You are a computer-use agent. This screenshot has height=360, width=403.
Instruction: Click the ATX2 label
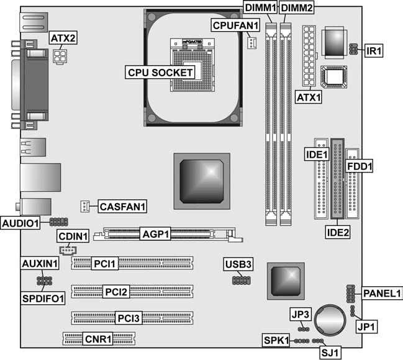[63, 38]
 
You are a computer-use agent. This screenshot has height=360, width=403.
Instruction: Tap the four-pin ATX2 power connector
[60, 56]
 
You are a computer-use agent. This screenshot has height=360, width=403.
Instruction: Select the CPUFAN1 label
[235, 25]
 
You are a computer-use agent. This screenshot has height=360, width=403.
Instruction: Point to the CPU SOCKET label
[160, 72]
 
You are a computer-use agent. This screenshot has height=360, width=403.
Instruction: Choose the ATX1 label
[309, 97]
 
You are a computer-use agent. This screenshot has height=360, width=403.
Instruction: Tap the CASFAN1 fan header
[85, 206]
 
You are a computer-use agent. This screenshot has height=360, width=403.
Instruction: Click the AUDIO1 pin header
[59, 222]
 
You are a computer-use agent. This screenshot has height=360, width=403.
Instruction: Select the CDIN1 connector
[68, 250]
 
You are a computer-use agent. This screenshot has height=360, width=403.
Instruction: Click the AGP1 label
[155, 234]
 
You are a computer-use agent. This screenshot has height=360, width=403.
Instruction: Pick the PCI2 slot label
[116, 292]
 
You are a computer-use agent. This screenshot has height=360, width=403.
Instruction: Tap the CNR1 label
[98, 339]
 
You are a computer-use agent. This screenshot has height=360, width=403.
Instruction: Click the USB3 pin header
[242, 280]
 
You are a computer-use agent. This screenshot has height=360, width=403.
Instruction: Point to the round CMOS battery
[330, 320]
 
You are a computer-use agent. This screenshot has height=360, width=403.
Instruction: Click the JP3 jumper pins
[304, 329]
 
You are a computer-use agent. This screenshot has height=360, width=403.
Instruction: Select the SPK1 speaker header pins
[302, 341]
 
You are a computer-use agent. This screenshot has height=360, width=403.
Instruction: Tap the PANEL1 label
[382, 293]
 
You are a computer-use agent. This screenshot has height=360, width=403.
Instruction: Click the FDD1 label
[360, 166]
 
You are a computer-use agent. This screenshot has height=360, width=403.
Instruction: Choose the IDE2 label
[338, 233]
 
